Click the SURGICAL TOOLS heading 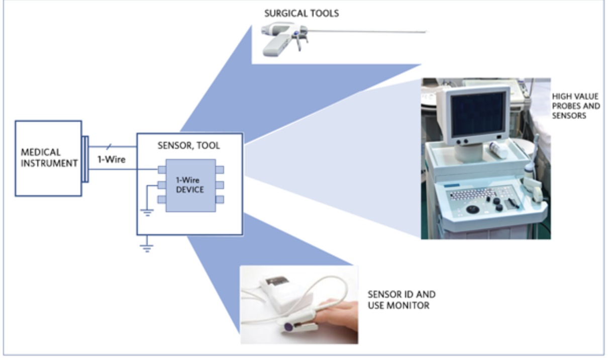point(301,13)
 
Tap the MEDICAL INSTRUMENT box point(48,158)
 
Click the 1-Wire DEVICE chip point(190,186)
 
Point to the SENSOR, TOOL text point(189,146)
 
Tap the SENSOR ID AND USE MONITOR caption point(401,300)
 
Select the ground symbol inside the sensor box point(147,212)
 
